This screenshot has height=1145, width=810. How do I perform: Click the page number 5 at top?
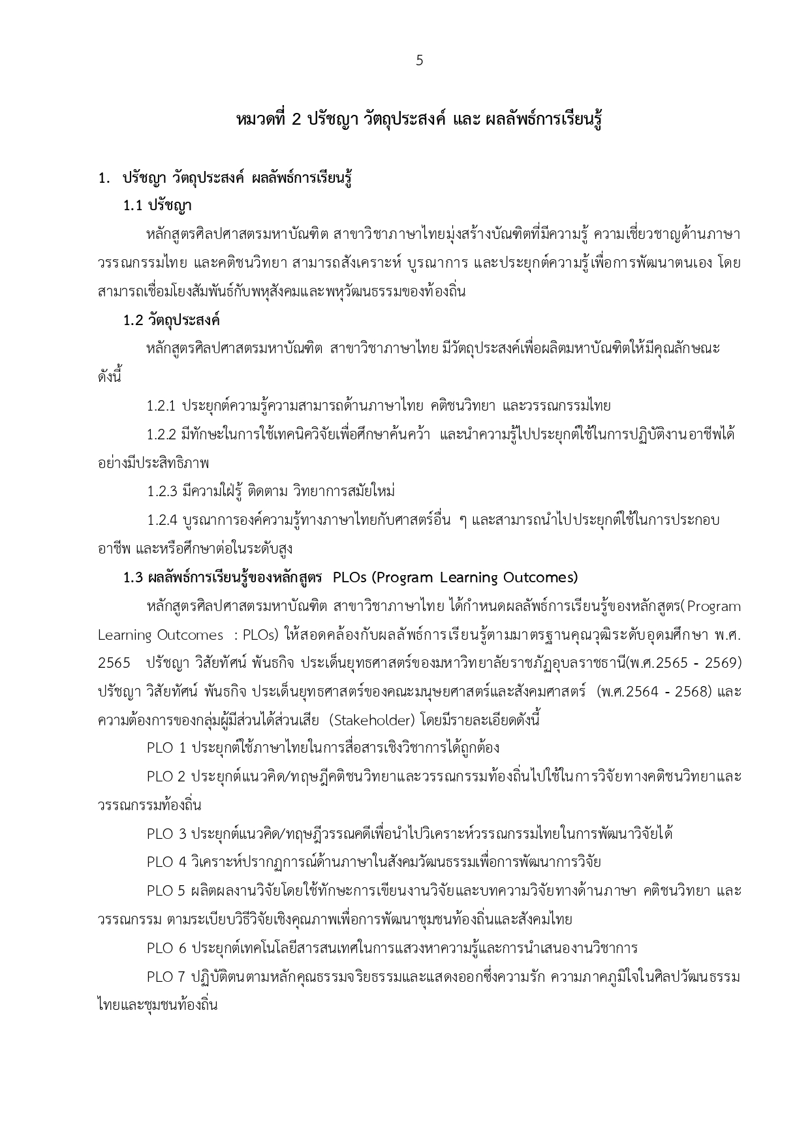coord(419,61)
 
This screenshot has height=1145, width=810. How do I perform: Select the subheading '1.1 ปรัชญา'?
coord(157,206)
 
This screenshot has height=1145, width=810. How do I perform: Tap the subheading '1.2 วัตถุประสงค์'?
coord(172,321)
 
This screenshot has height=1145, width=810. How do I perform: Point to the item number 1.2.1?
coord(161,406)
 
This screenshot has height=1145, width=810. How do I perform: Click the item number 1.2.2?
coord(161,435)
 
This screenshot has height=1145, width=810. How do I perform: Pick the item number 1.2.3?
coord(161,491)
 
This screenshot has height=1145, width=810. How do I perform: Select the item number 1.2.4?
coord(162,520)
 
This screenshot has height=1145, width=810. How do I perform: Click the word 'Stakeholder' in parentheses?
coord(372,720)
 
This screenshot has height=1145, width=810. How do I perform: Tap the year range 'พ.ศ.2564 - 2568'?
coord(656,691)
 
